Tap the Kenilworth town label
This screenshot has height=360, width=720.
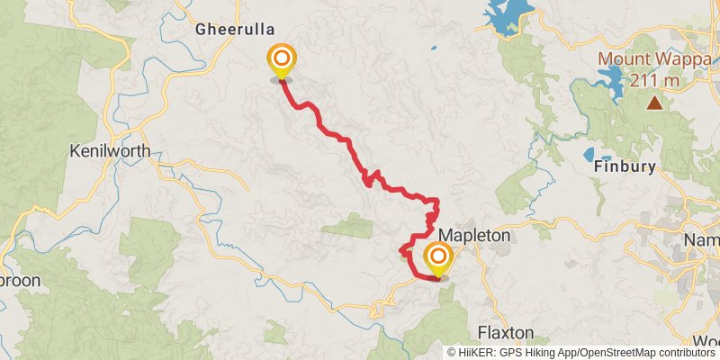tap(109, 151)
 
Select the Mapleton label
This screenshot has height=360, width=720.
tap(474, 235)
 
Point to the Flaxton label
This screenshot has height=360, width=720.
tap(508, 331)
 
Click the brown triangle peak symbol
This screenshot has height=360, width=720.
tap(654, 103)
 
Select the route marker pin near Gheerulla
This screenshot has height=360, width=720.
tap(281, 61)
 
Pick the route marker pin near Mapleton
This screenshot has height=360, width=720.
tap(438, 259)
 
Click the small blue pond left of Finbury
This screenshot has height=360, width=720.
tap(590, 154)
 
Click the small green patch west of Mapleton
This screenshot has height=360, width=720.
tap(348, 226)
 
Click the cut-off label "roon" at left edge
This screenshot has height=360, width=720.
tap(20, 280)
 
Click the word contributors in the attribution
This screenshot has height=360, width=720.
tap(684, 353)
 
